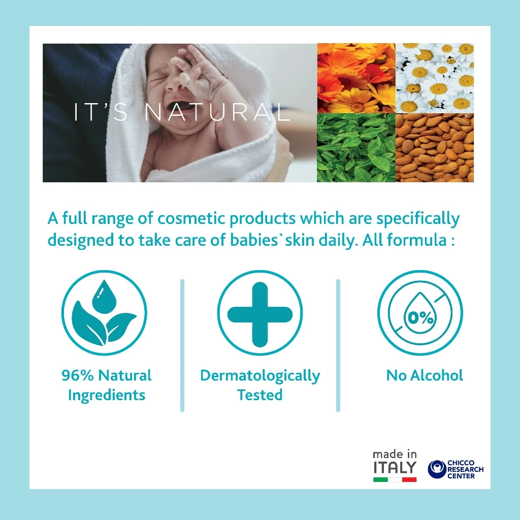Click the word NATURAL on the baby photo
click(x=217, y=112)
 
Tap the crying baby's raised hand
click(x=199, y=73)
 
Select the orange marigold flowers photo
click(x=356, y=78)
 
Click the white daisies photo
click(x=435, y=78)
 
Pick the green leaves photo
click(x=356, y=148)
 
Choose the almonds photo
click(x=435, y=148)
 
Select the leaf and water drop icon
click(x=104, y=313)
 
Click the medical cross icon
click(x=259, y=313)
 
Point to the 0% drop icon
click(x=420, y=313)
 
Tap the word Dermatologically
click(x=260, y=376)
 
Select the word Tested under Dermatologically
click(x=259, y=395)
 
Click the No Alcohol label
click(x=425, y=375)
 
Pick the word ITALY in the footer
click(x=395, y=467)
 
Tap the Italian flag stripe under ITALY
click(x=395, y=479)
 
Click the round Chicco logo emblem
click(x=437, y=469)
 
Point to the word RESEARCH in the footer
click(x=465, y=469)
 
